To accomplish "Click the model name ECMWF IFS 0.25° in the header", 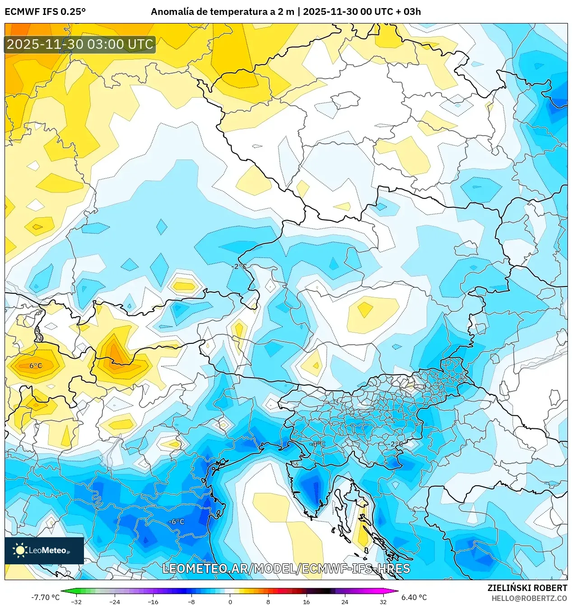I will (45, 12).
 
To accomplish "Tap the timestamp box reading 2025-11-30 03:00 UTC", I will (80, 45).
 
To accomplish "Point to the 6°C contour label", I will (36, 366).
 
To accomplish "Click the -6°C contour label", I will (177, 521).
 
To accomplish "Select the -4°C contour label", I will (317, 444).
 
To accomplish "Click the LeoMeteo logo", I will (44, 550).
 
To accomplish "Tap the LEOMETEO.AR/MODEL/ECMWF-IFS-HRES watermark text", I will (286, 568).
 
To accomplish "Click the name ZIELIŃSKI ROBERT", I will (527, 588).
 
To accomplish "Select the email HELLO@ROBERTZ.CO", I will (529, 598).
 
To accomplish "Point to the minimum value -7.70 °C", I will (45, 597).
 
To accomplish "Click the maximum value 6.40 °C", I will (414, 597).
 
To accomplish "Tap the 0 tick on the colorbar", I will (230, 601).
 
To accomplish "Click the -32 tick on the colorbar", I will (77, 601).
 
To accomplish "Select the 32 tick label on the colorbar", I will (383, 601).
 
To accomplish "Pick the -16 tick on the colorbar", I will (153, 601).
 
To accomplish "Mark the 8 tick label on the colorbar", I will (268, 601).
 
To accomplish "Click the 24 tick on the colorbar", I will (344, 601).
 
